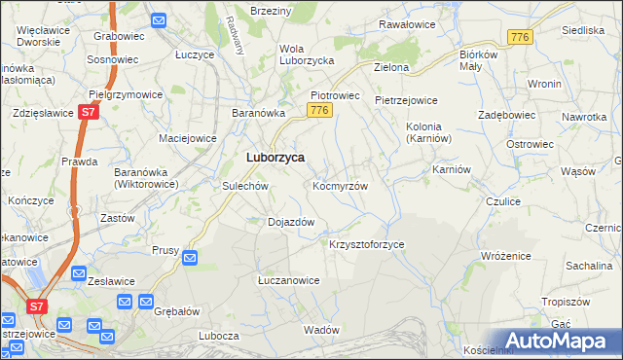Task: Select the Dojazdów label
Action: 290,222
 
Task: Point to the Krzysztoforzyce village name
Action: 367,244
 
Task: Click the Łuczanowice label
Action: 288,280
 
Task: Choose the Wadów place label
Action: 320,330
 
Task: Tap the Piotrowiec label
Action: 335,95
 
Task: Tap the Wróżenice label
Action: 505,255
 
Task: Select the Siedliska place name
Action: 583,30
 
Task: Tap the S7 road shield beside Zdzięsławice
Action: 88,113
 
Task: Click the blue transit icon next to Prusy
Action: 190,258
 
